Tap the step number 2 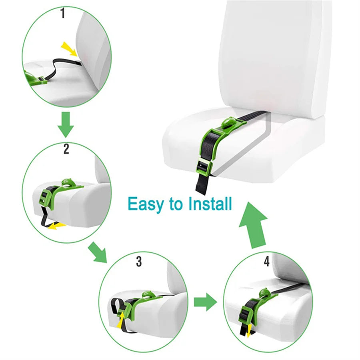point(66,149)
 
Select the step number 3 point(138,261)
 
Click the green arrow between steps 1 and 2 point(66,124)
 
